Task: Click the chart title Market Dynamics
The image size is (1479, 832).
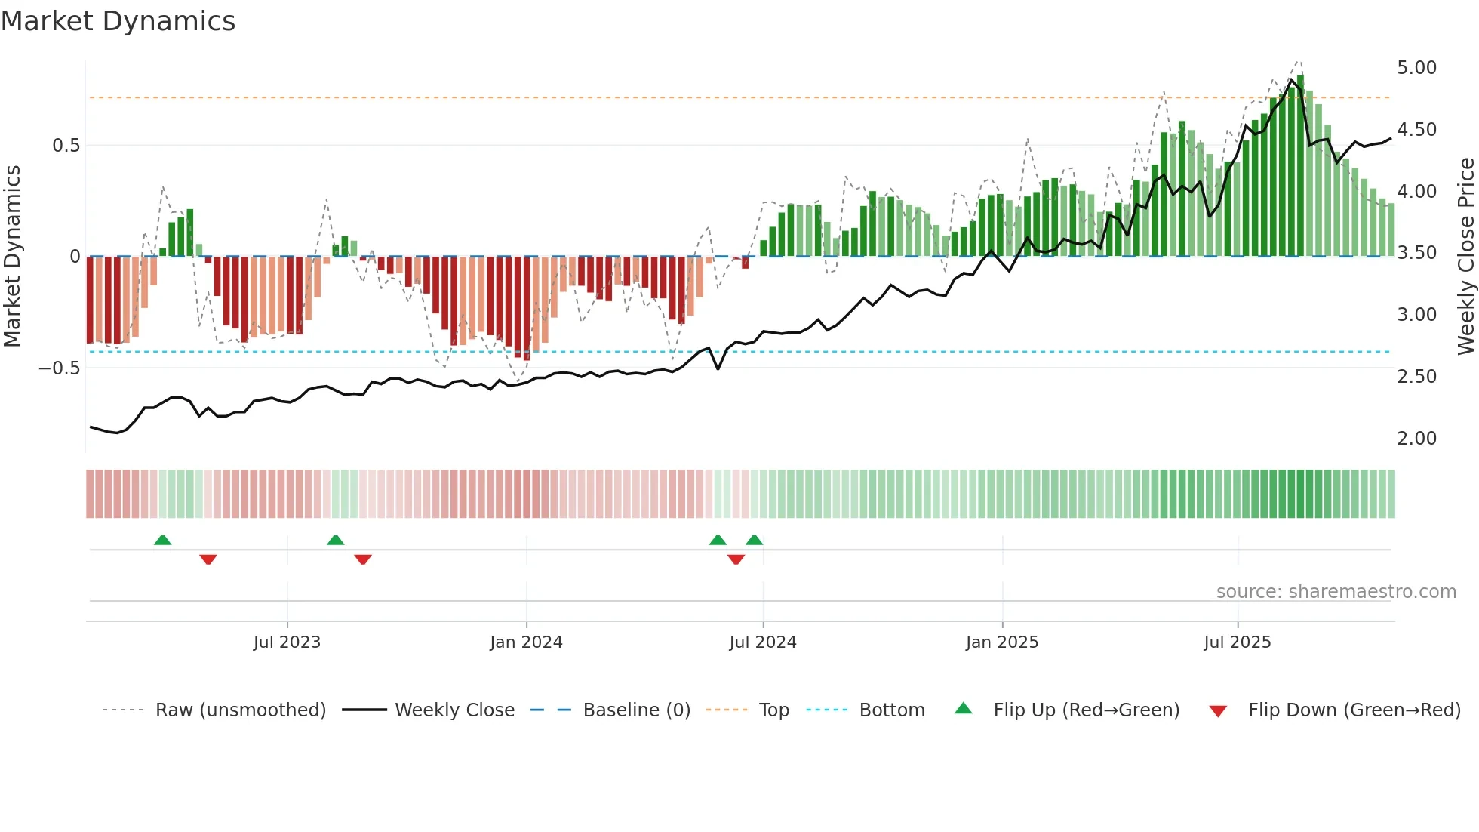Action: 118,21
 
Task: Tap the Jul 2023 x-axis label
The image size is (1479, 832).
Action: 287,642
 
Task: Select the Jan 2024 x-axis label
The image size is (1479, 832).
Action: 526,642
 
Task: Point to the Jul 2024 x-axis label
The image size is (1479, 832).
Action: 762,642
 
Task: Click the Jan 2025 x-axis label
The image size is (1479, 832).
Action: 1002,642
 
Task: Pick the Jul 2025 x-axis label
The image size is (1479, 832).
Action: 1237,642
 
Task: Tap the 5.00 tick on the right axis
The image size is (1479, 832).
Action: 1416,68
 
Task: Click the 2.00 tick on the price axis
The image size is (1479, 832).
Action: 1416,439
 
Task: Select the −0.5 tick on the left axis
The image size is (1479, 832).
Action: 59,368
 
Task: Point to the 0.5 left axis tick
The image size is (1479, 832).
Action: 66,146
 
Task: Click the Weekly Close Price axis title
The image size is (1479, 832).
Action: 1465,256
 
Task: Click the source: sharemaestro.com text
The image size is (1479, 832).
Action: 1336,592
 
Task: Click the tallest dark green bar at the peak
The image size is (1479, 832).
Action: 1300,166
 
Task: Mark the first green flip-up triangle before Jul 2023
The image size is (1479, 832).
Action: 162,540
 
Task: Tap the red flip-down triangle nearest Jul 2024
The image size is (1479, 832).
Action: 736,559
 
